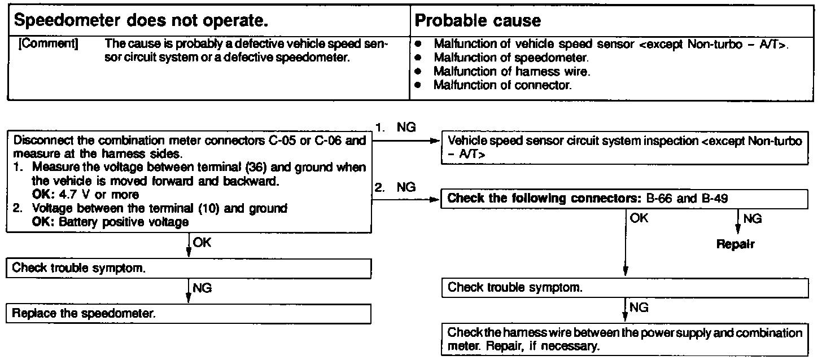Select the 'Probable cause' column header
478,21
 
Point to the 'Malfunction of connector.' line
502,85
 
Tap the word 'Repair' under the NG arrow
736,245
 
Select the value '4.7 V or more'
91,195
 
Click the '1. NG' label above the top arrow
395,129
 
